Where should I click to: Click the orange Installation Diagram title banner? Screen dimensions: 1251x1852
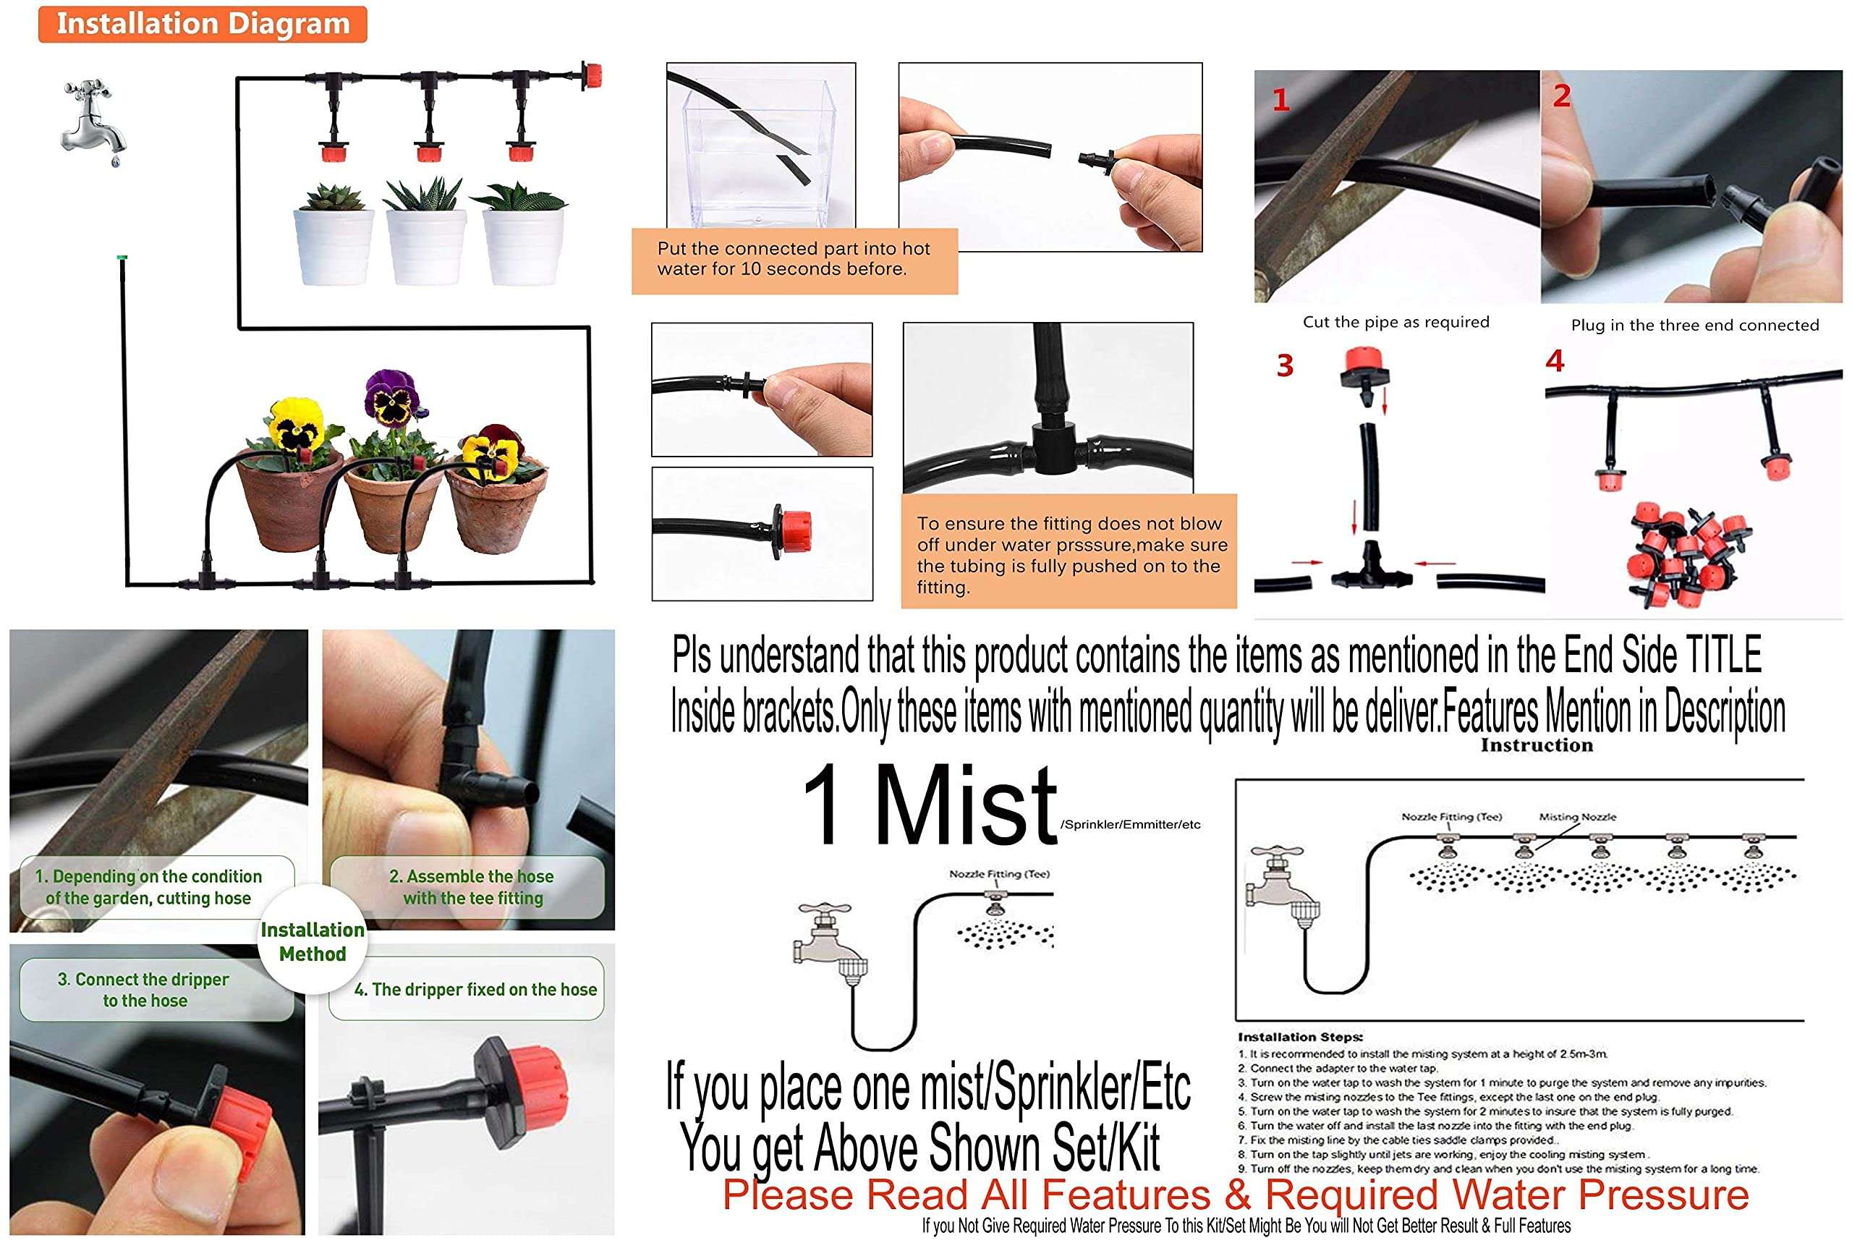(x=203, y=24)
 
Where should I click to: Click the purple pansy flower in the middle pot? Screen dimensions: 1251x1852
(x=391, y=396)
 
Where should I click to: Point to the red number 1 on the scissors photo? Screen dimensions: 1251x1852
(x=1280, y=101)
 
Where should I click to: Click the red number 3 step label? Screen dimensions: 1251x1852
(x=1285, y=365)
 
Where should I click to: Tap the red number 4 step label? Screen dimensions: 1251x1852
(x=1554, y=361)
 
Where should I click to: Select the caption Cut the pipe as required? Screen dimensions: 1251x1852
(x=1396, y=322)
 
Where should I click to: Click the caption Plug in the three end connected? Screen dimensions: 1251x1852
(x=1694, y=325)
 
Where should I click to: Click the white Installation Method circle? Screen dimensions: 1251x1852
(x=313, y=941)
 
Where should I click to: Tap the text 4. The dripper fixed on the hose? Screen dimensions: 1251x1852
(x=475, y=989)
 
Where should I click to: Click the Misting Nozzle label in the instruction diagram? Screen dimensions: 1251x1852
(x=1577, y=817)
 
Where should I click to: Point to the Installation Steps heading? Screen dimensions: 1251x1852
(x=1300, y=1037)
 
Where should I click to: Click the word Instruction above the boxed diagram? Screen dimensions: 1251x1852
(x=1537, y=745)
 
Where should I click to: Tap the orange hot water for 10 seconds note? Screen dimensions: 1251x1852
(x=794, y=259)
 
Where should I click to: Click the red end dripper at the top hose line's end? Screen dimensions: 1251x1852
(x=591, y=77)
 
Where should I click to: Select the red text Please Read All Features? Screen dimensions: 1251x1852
(x=1234, y=1195)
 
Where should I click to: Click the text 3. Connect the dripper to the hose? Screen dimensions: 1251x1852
(x=144, y=989)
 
